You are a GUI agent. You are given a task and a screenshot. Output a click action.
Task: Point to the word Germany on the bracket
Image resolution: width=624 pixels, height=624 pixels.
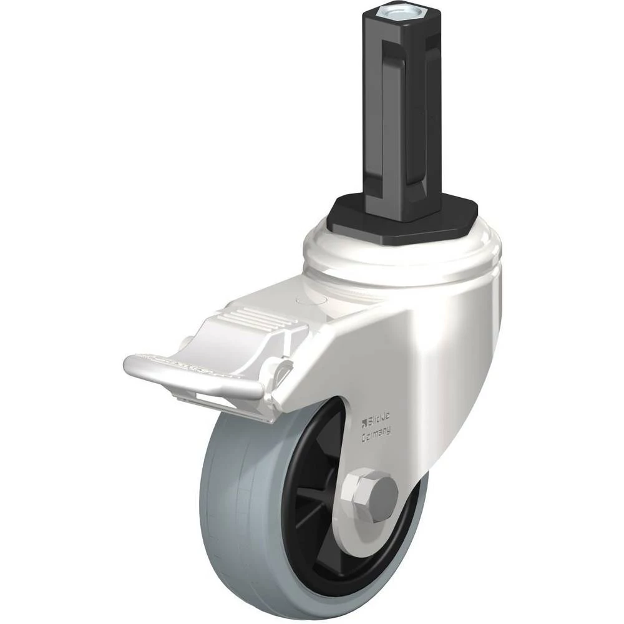376,434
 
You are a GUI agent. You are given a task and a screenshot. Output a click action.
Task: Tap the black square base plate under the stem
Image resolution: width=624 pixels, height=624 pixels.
402,217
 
